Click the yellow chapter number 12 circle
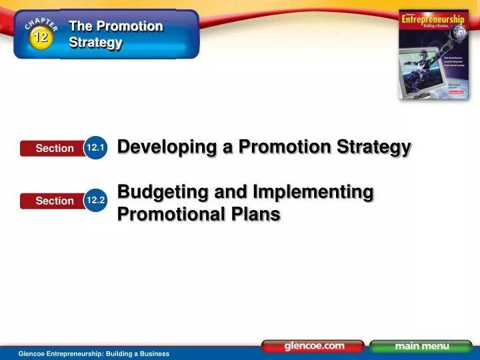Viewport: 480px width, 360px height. [41, 37]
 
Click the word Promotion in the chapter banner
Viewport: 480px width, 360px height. [129, 26]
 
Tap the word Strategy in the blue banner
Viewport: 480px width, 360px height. [96, 43]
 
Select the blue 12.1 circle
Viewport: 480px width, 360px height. [96, 147]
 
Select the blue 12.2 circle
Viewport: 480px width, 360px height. [96, 199]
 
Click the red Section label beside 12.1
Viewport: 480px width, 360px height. [54, 148]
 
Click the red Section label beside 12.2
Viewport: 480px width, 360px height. [54, 200]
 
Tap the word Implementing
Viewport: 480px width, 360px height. [313, 192]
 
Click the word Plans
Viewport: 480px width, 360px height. [257, 214]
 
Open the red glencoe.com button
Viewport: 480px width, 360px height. [313, 346]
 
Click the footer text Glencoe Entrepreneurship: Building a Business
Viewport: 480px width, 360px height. [94, 353]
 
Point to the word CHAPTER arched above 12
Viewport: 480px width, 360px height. [41, 24]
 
